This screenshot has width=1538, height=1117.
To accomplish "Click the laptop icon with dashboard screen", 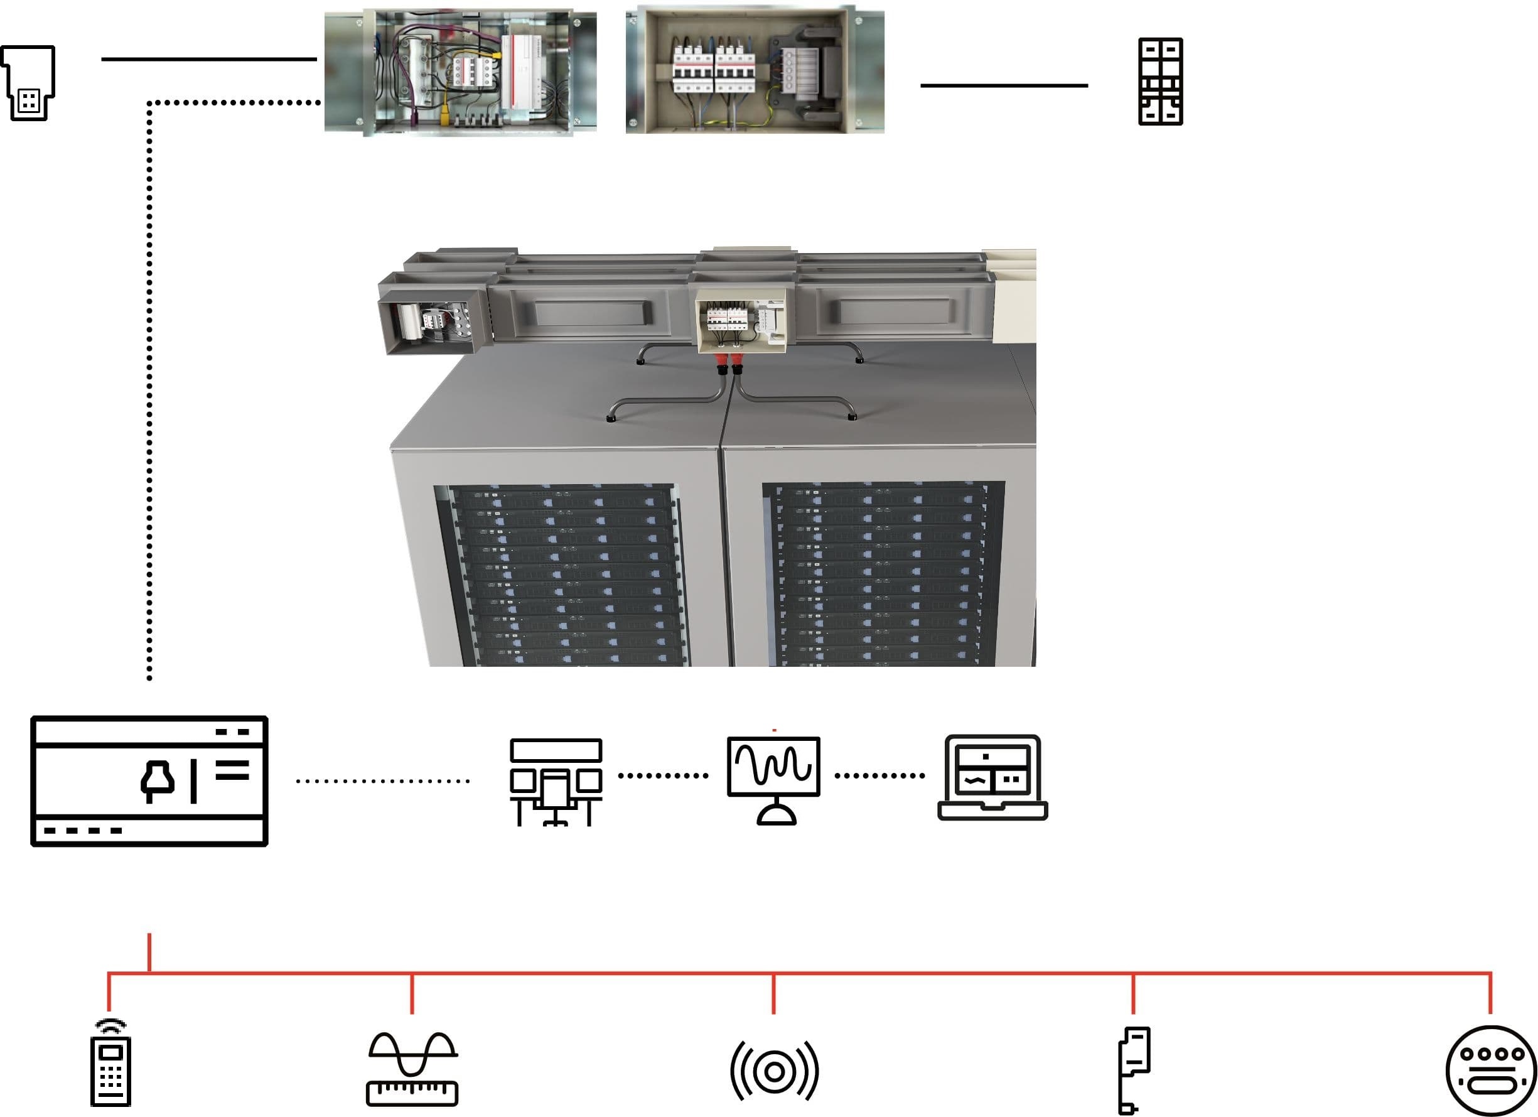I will (992, 778).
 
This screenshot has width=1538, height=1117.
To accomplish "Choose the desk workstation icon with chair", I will (556, 781).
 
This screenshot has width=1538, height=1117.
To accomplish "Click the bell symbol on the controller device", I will (158, 782).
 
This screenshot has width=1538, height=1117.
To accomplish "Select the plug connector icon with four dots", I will (28, 83).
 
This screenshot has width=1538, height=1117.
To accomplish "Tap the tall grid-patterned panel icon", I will (1160, 82).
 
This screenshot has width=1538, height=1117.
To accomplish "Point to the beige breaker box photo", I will (755, 70).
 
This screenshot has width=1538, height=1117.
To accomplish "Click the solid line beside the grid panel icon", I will (1004, 85).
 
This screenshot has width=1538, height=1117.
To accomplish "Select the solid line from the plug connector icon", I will (209, 59).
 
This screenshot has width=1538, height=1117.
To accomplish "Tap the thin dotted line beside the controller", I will (382, 781).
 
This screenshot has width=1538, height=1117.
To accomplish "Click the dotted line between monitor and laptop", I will (879, 775).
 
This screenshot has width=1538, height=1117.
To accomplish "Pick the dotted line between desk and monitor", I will (663, 775).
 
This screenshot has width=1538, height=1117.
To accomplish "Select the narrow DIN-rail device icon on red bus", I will (1133, 1069).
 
